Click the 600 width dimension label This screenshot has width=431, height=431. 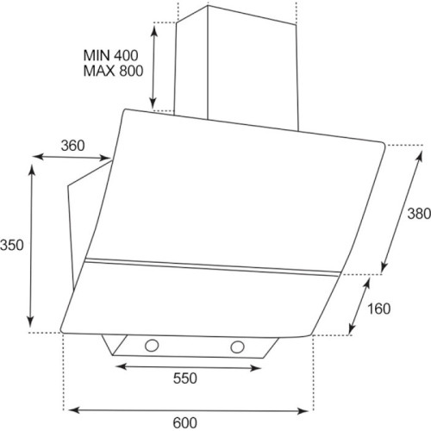coord(184,422)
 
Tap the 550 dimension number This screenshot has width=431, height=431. coord(184,378)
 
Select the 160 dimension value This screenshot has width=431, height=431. coord(379,309)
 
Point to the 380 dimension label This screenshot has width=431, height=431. coord(419,214)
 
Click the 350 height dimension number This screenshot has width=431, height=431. coord(11,245)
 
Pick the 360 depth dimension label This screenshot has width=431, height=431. coord(72,146)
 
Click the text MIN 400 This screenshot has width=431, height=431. coord(110,55)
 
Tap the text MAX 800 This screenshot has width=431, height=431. coord(113,71)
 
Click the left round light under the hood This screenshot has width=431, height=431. coord(152,346)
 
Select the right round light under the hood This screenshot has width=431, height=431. coord(237,347)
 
